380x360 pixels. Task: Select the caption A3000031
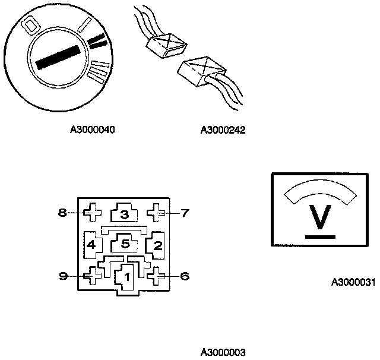coord(353,283)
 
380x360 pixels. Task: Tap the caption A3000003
coord(223,352)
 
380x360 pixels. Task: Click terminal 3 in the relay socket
coord(124,214)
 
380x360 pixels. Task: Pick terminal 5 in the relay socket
coord(125,244)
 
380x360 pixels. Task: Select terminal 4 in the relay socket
coord(91,244)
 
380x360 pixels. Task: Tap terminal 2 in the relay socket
coord(157,244)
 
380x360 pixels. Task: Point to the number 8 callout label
coord(62,212)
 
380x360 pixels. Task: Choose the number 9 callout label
coord(62,276)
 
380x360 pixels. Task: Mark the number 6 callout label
coord(185,276)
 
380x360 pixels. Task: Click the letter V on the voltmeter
coord(321,218)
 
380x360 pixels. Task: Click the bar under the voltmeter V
coord(321,237)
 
